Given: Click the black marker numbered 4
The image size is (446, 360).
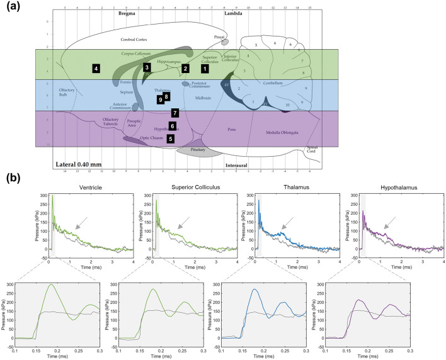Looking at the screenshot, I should [x=96, y=67].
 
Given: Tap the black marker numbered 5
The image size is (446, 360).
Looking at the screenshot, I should [x=171, y=139].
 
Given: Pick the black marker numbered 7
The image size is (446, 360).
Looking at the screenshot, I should [x=175, y=113].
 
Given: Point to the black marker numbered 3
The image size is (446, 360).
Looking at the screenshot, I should [x=146, y=67].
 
